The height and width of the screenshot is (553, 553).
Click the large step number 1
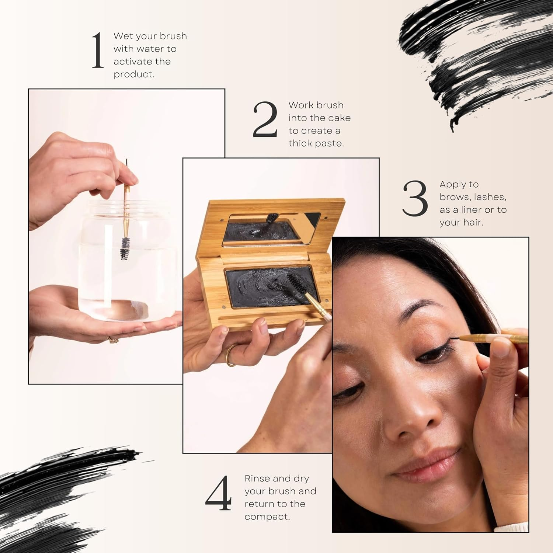(98, 51)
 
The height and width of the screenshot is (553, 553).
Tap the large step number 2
(265, 119)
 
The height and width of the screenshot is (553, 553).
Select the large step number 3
(415, 199)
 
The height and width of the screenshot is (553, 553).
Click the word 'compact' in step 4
(267, 517)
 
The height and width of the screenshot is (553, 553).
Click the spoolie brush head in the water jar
(125, 247)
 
